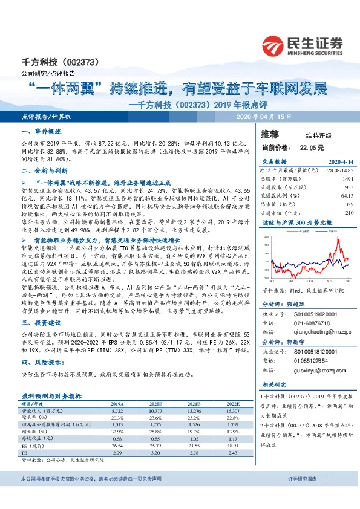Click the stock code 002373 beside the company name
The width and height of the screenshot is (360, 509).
point(77,62)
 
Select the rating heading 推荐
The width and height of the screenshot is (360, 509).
point(270,134)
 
